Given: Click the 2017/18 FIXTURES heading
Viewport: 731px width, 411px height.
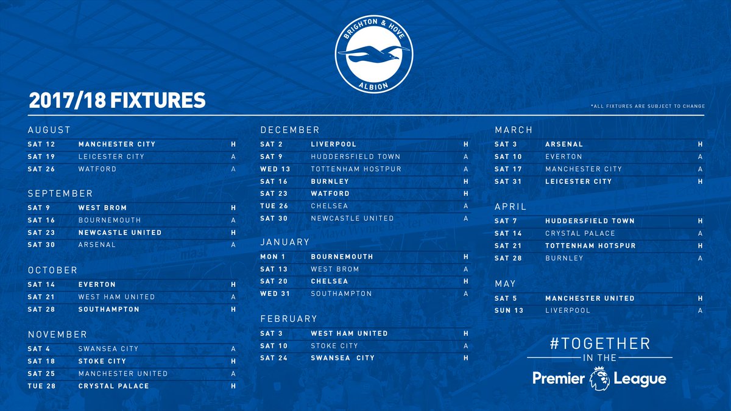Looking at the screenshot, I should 116,100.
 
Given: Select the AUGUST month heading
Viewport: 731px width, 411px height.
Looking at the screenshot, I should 49,130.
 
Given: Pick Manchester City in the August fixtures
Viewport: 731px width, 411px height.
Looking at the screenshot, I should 117,144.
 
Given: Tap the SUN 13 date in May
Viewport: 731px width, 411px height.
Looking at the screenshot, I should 510,311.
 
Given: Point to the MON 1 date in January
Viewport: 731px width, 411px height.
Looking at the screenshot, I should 274,257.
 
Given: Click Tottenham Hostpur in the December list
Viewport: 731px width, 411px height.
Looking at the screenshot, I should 356,169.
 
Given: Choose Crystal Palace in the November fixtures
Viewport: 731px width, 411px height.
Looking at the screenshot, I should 113,386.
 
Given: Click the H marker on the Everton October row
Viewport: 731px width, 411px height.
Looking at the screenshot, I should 233,284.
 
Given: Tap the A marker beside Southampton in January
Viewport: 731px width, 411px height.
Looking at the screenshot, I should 466,293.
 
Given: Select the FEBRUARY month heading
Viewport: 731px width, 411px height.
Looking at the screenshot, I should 289,318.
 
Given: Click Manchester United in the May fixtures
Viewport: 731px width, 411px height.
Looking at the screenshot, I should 590,298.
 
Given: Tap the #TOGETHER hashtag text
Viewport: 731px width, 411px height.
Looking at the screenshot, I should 599,343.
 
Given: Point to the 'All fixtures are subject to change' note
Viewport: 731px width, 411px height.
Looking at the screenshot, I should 648,107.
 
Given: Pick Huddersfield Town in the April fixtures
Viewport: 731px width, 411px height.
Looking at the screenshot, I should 590,221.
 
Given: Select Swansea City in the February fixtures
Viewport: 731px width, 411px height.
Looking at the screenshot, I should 342,358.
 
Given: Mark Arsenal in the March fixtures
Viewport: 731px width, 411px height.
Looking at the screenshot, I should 564,144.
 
